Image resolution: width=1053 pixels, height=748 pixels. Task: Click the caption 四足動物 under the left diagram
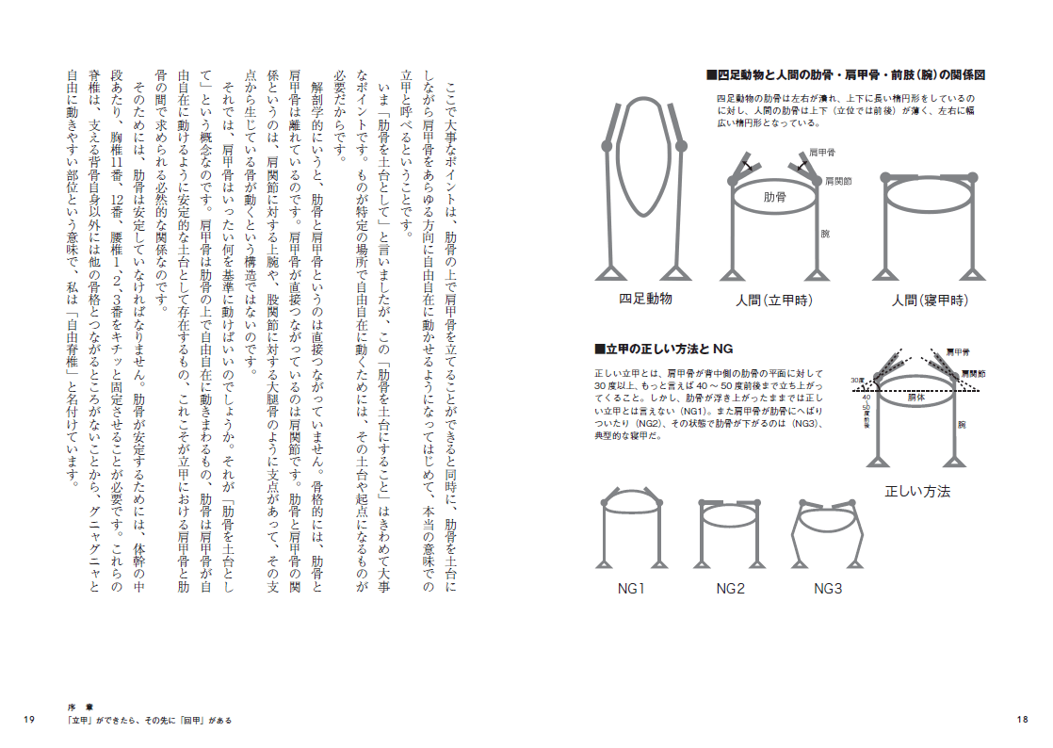645,299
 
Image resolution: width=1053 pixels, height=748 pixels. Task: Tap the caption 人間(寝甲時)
930,301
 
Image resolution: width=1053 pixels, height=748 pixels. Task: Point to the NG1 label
631,589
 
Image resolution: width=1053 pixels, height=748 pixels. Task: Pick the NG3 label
828,589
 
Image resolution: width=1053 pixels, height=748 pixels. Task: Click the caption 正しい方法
917,492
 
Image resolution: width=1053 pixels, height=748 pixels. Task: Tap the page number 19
28,720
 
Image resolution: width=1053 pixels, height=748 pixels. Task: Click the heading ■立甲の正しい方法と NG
663,349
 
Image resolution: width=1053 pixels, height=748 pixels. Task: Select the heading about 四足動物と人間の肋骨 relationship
845,74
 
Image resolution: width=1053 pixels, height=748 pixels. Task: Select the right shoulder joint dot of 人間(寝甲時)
969,177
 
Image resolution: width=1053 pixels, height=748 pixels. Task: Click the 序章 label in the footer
78,707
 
